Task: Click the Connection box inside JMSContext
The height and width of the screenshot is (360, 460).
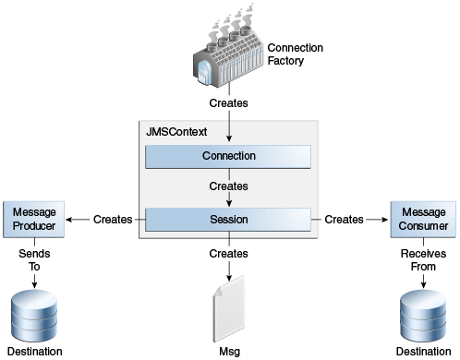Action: (228, 156)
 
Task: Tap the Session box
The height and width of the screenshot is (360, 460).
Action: (228, 220)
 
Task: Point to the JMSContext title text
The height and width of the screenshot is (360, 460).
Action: (176, 132)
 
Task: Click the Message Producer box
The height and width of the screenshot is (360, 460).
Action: (35, 220)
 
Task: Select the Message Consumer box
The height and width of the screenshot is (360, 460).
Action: (423, 220)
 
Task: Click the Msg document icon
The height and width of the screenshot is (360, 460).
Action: (228, 311)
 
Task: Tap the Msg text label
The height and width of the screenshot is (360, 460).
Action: (228, 352)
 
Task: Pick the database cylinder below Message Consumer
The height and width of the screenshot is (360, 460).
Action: (423, 313)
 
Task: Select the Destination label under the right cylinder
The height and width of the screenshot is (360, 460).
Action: (423, 352)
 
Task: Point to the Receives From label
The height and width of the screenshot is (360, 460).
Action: (423, 258)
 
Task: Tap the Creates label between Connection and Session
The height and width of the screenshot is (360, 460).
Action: (228, 186)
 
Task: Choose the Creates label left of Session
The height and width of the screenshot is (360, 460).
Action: (113, 220)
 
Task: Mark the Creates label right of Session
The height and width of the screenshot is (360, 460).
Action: (345, 220)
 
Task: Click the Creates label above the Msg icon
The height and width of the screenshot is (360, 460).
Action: (228, 252)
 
